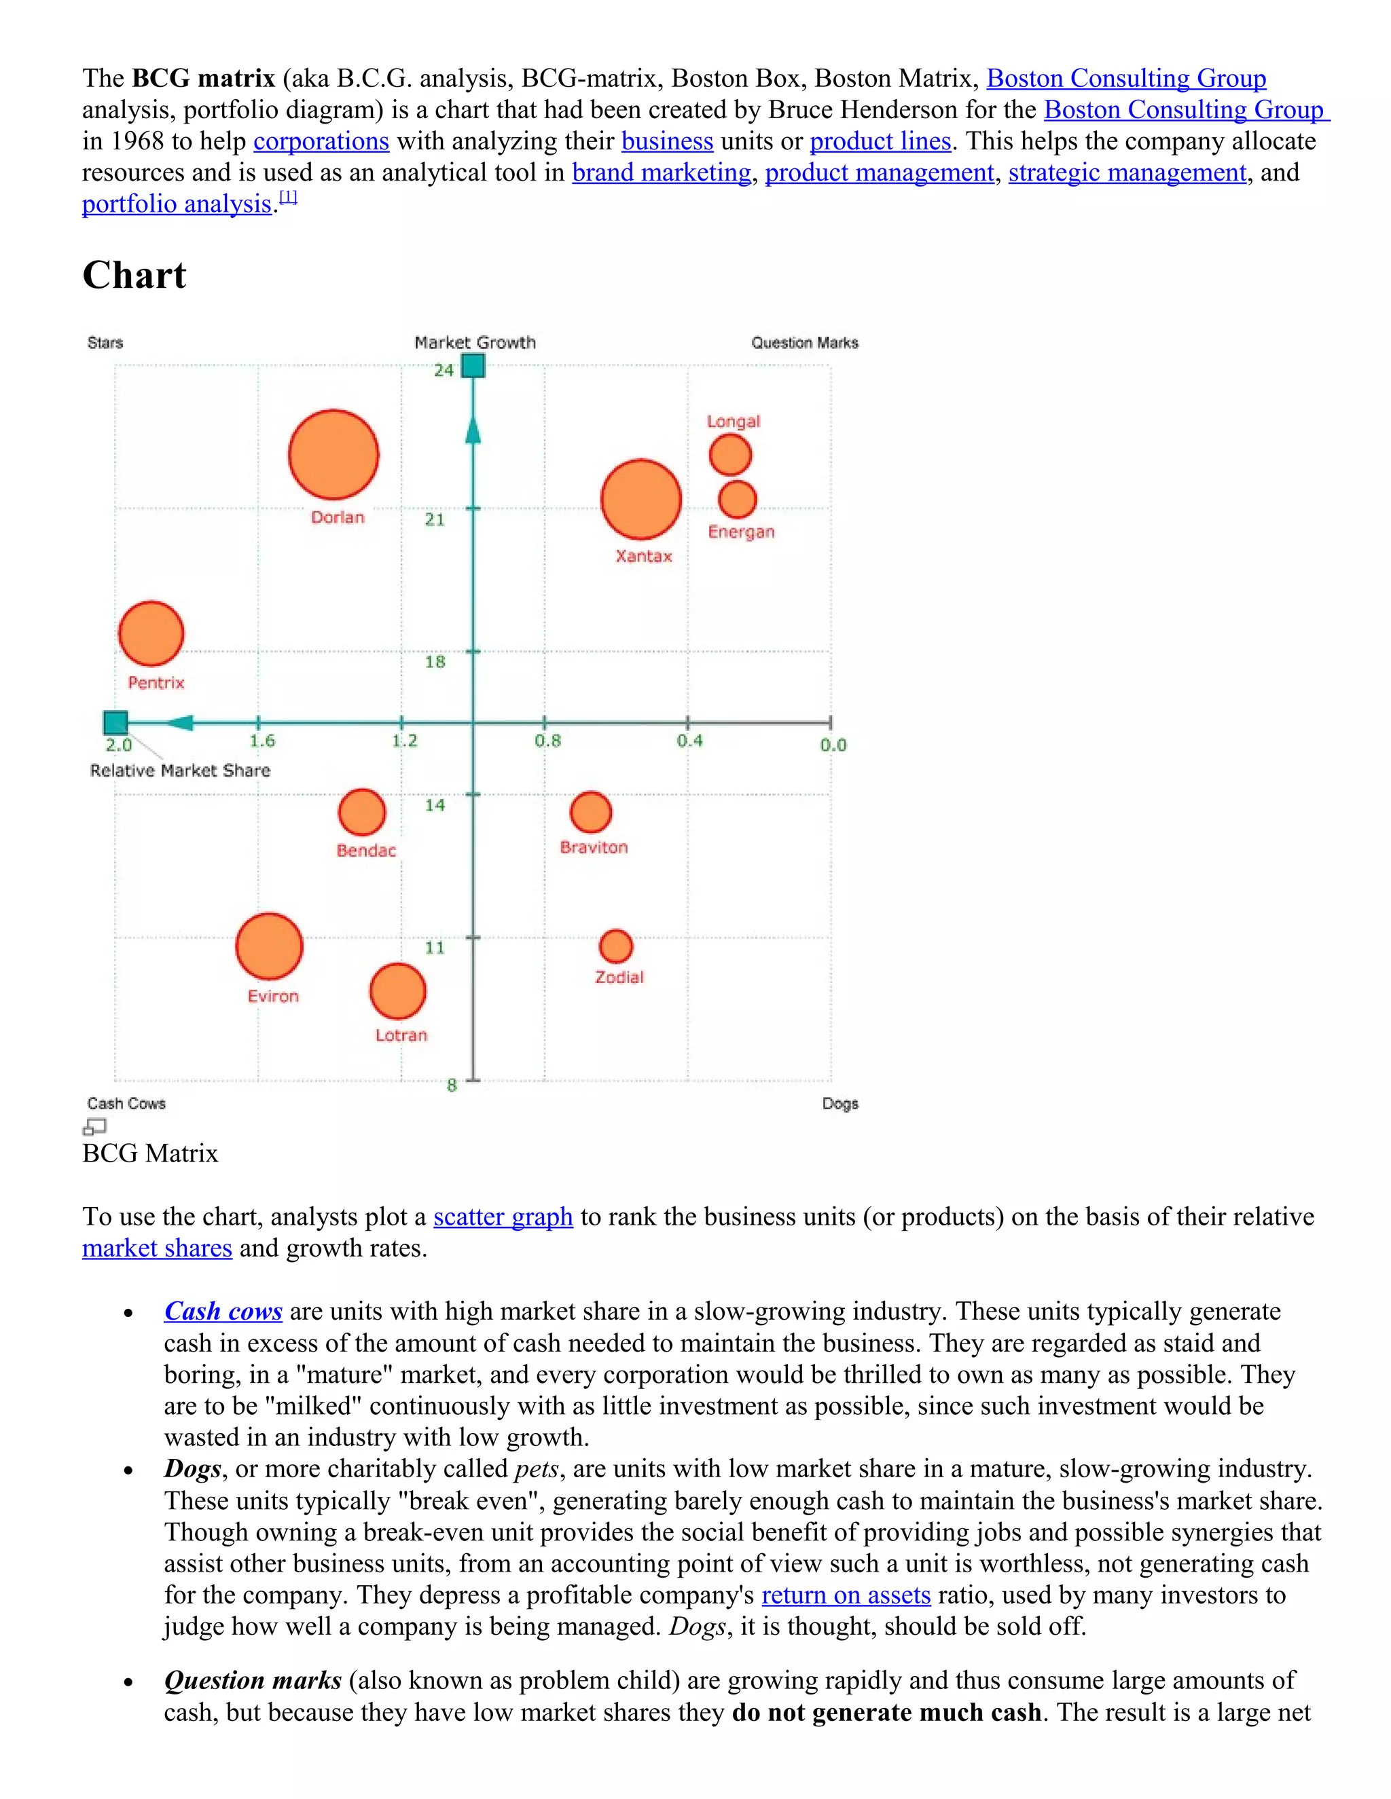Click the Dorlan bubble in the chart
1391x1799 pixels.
pyautogui.click(x=333, y=455)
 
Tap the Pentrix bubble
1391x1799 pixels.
pyautogui.click(x=151, y=633)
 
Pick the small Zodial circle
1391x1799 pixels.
pyautogui.click(x=615, y=946)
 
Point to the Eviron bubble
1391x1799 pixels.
pyautogui.click(x=270, y=946)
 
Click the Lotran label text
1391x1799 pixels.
pyautogui.click(x=401, y=1035)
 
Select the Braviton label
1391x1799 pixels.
pyautogui.click(x=594, y=848)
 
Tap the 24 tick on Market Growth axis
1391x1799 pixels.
pyautogui.click(x=444, y=371)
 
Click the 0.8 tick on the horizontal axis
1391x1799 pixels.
pyautogui.click(x=547, y=741)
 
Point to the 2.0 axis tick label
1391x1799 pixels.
pyautogui.click(x=119, y=745)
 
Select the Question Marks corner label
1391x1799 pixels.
pyautogui.click(x=804, y=343)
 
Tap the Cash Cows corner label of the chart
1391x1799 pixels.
pyautogui.click(x=126, y=1104)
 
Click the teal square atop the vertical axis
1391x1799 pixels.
pyautogui.click(x=473, y=366)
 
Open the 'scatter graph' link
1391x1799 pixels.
pyautogui.click(x=503, y=1217)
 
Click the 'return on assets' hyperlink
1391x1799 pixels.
pyautogui.click(x=846, y=1595)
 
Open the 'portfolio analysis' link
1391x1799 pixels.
pyautogui.click(x=177, y=204)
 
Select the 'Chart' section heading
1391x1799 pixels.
pyautogui.click(x=134, y=275)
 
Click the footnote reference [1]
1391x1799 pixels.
pyautogui.click(x=287, y=198)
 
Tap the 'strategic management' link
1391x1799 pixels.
pyautogui.click(x=1127, y=172)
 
